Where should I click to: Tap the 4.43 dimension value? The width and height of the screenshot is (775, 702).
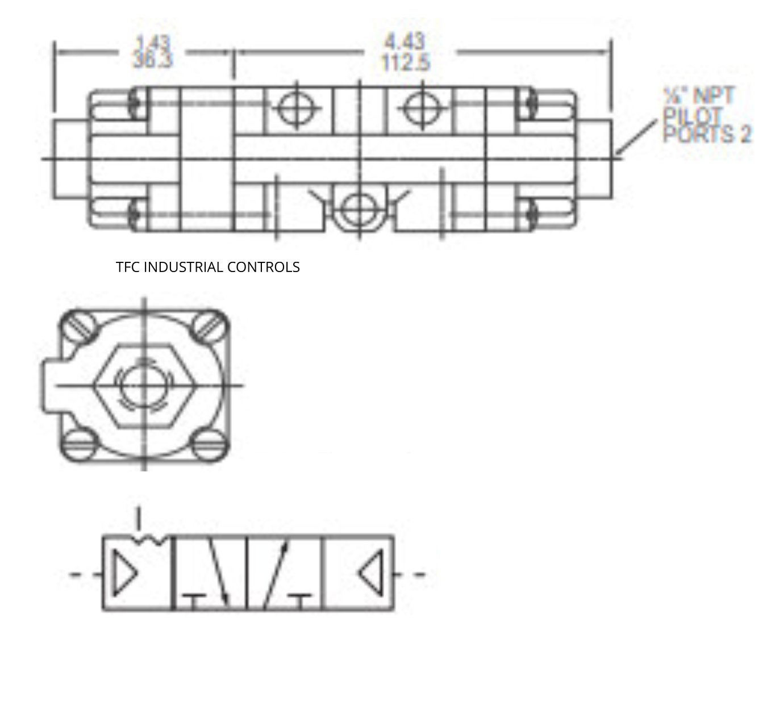(x=405, y=41)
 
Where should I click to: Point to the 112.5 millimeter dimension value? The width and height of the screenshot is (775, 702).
(x=405, y=62)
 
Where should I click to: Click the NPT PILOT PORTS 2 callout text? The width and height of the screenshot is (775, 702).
(x=706, y=115)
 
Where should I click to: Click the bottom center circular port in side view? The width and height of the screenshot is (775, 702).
(x=359, y=208)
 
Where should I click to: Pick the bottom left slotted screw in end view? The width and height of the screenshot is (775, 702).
(x=77, y=445)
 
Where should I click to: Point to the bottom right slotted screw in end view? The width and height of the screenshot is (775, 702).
(x=207, y=445)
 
